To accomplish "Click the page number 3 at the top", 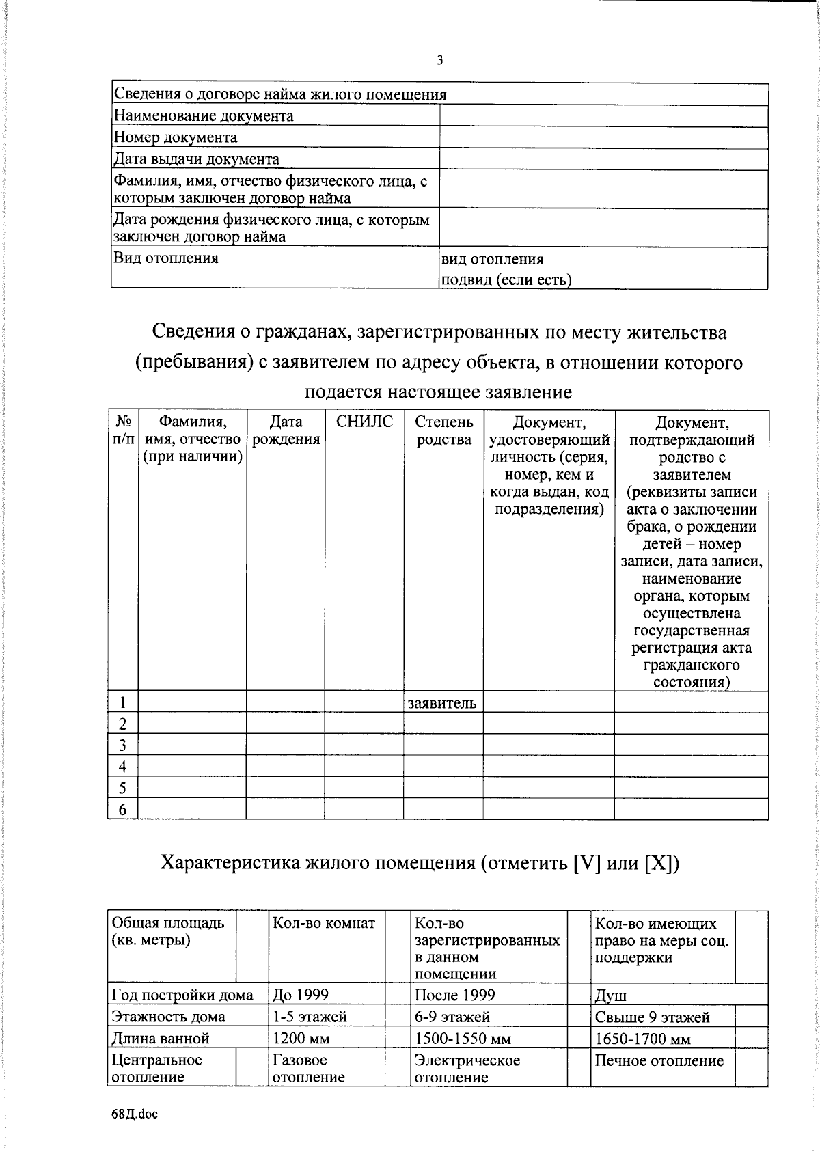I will [440, 61].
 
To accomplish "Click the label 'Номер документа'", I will [175, 137].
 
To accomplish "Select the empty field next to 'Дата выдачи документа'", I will [603, 159].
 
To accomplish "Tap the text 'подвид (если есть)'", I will [506, 279].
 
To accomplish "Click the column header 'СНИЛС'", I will [364, 422].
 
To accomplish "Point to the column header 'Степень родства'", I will [443, 430].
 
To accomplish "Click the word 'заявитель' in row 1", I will [442, 702].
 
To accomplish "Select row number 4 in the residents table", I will [123, 767].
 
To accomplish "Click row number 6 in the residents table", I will [123, 810].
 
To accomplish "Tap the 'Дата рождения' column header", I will [286, 430].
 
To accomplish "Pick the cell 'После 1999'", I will [454, 995].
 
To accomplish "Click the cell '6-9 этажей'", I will [452, 1017].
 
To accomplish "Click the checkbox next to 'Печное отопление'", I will [752, 1069].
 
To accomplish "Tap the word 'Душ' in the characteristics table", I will [610, 996].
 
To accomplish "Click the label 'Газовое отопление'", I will [308, 1069].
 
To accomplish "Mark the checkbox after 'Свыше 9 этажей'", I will [752, 1017].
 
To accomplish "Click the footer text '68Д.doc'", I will [134, 1114].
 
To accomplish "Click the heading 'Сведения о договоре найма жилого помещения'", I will [279, 94].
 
